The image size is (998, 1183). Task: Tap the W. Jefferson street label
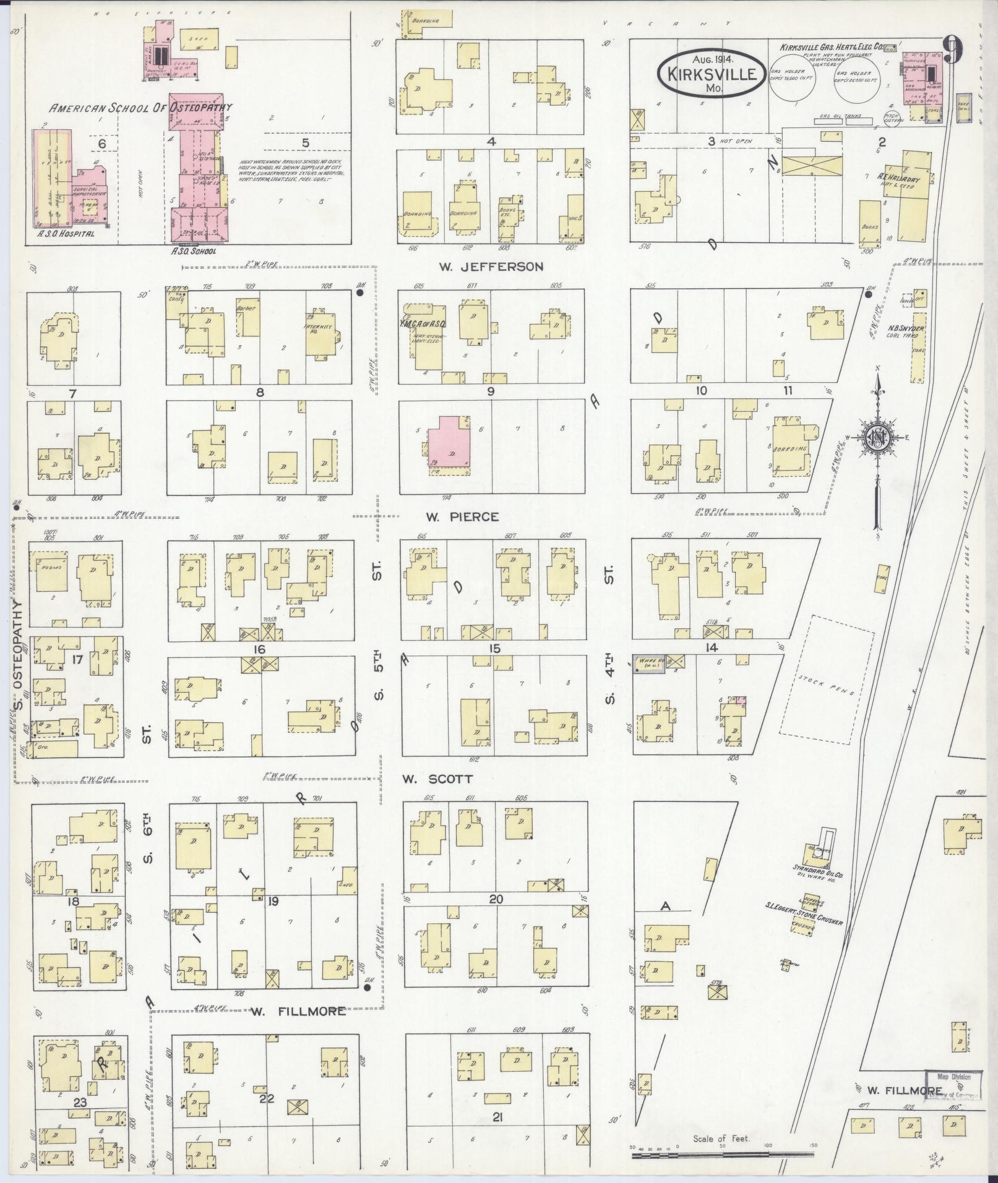pyautogui.click(x=491, y=267)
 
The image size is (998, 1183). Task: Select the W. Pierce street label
pyautogui.click(x=468, y=516)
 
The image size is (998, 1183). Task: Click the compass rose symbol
pyautogui.click(x=877, y=437)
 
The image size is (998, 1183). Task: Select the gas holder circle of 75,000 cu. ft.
pyautogui.click(x=792, y=84)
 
